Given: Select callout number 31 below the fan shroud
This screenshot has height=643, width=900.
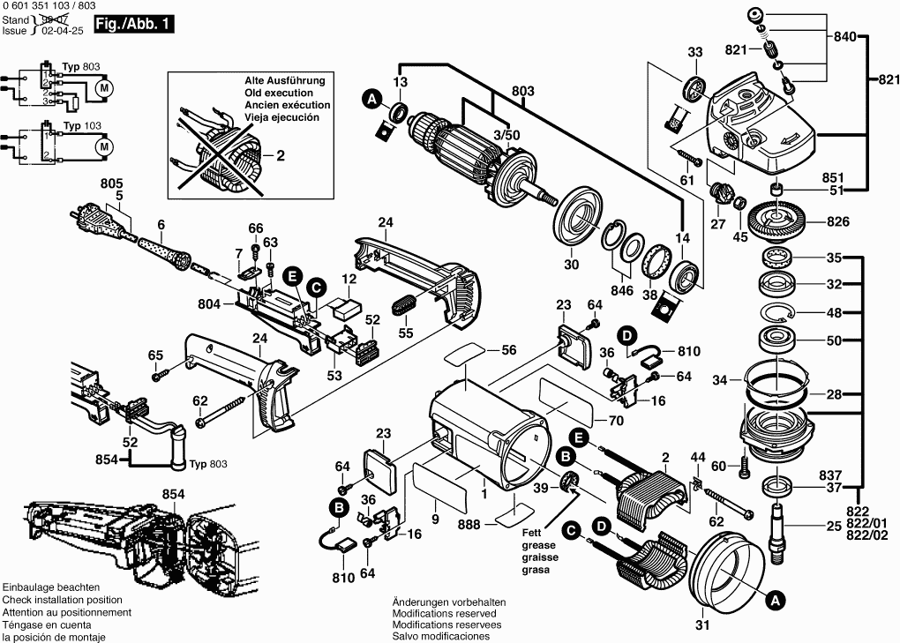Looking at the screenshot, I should [702, 627].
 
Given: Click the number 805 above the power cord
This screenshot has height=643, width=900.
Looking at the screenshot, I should [112, 183].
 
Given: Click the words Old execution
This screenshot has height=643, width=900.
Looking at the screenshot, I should [279, 93].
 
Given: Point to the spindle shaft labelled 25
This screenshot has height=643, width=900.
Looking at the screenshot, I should [777, 528].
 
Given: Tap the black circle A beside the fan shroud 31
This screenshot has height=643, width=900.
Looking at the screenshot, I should [774, 601].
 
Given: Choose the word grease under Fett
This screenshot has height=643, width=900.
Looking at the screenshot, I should [539, 546].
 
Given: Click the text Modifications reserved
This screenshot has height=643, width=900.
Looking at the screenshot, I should [444, 613].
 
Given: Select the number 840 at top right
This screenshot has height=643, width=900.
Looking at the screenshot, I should [844, 37].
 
